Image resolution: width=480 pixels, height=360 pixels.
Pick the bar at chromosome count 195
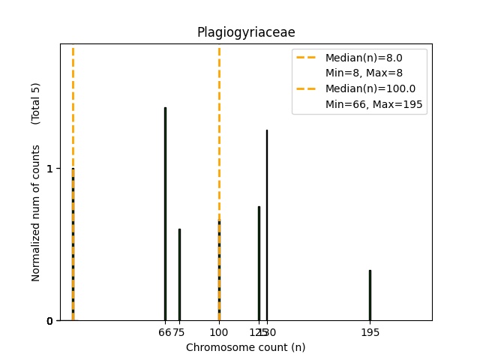click(x=370, y=295)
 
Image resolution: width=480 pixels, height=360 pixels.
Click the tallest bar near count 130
click(x=266, y=225)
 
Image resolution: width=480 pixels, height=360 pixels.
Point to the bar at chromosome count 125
click(x=259, y=263)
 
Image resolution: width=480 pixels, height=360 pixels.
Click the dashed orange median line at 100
click(x=219, y=135)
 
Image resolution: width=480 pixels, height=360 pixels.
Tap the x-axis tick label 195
click(x=370, y=332)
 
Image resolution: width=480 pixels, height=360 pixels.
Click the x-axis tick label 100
click(x=219, y=332)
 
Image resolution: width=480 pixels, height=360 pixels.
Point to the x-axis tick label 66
click(x=164, y=332)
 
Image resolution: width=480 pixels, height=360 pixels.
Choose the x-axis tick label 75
click(x=180, y=332)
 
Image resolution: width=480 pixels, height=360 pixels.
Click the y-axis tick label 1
click(x=49, y=169)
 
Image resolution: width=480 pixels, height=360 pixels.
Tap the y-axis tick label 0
click(x=49, y=321)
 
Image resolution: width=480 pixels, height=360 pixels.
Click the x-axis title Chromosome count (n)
click(x=245, y=347)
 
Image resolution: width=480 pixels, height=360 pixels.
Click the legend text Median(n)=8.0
click(x=364, y=58)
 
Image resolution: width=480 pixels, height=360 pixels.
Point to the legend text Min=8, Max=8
click(x=364, y=73)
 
